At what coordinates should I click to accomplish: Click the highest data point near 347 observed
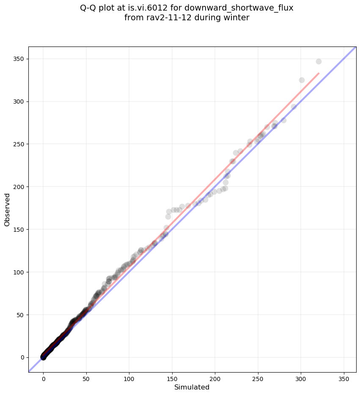click(x=319, y=61)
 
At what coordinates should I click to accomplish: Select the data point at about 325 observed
click(x=302, y=80)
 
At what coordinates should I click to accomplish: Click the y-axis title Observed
click(x=7, y=209)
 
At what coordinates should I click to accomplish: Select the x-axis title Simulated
click(x=192, y=387)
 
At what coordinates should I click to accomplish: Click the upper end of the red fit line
click(x=319, y=73)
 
